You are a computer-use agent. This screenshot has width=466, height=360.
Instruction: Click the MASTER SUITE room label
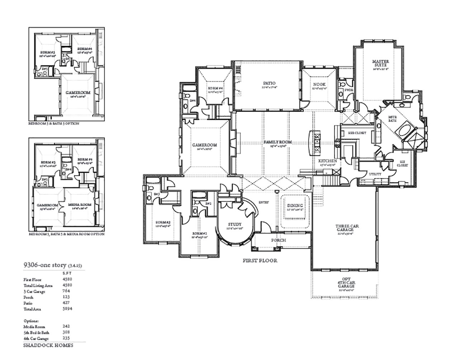tap(380, 63)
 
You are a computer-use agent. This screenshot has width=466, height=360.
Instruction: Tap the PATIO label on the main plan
tap(269, 83)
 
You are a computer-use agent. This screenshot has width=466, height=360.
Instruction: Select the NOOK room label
tap(319, 84)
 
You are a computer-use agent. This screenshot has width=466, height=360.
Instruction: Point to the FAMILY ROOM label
tap(278, 142)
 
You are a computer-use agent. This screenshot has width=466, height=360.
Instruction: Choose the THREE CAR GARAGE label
tap(347, 228)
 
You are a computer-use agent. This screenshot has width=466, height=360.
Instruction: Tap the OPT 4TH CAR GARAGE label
tap(346, 284)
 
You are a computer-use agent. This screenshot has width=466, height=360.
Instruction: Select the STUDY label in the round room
tap(235, 225)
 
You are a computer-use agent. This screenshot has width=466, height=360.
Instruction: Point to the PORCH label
tap(278, 240)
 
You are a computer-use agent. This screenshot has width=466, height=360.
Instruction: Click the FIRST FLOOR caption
tap(260, 260)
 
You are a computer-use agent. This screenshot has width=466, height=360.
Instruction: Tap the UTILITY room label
tap(375, 174)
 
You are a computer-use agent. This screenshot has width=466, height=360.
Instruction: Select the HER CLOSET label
tap(357, 133)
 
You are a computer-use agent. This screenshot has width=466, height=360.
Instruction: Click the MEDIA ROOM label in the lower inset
tap(80, 205)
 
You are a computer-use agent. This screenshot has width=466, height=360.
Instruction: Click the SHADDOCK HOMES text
tap(48, 345)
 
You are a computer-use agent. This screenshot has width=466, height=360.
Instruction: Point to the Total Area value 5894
tap(67, 308)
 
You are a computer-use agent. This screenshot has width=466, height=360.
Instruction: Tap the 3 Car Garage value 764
tap(66, 291)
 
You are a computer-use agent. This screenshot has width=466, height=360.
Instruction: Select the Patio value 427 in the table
tap(66, 303)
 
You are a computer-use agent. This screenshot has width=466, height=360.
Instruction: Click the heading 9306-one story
tap(45, 265)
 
